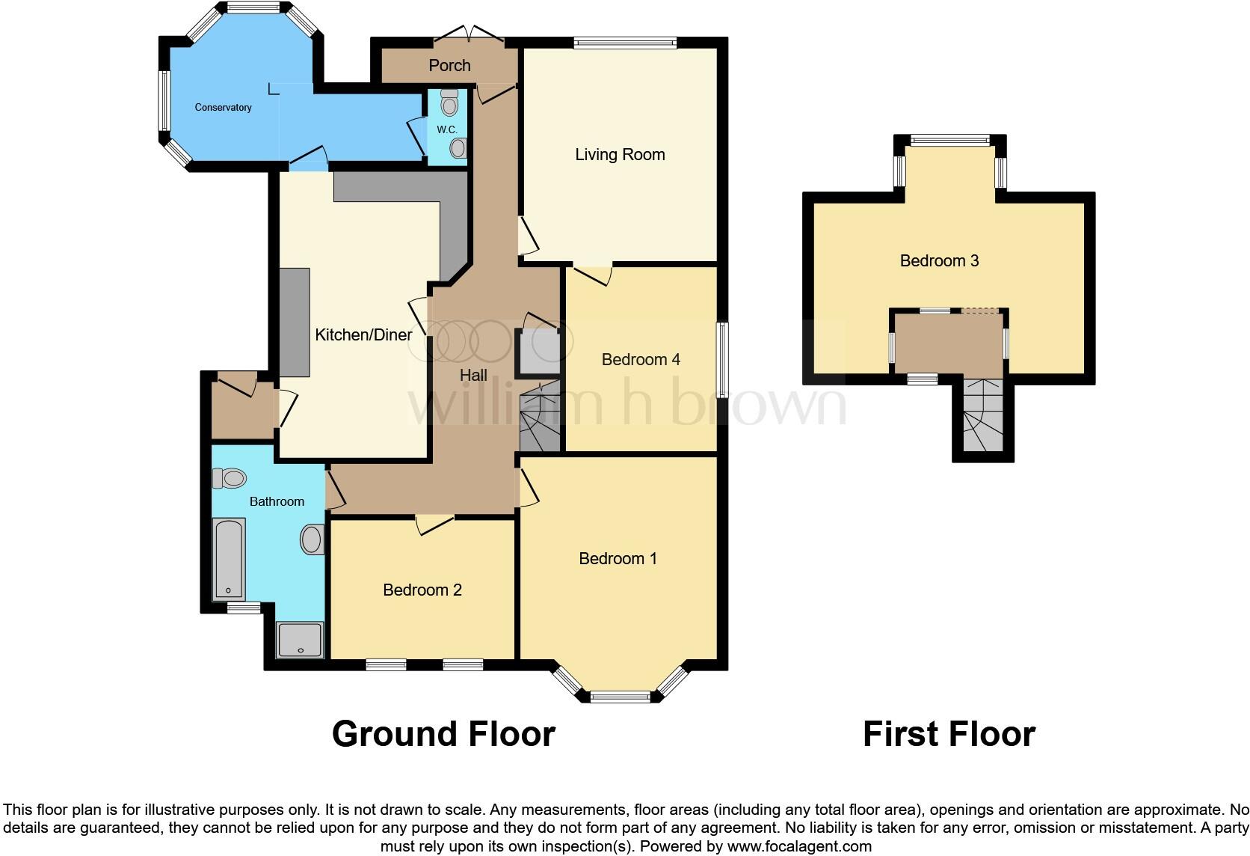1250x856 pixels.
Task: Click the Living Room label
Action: [620, 155]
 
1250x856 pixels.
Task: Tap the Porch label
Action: [449, 66]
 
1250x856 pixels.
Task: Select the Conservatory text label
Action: [223, 108]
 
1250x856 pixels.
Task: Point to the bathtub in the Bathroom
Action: [229, 560]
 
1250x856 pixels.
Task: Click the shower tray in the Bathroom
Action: [301, 641]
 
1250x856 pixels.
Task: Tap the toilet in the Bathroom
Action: [230, 477]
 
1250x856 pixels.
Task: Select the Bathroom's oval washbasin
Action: [312, 539]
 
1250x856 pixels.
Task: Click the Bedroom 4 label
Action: [641, 360]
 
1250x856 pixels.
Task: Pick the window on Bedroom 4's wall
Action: [723, 360]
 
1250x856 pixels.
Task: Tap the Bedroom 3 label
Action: [939, 261]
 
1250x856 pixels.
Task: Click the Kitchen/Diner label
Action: [363, 335]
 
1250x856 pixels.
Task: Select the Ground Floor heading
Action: [443, 734]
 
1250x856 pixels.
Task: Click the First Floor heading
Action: [949, 734]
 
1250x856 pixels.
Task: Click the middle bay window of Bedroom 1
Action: [621, 697]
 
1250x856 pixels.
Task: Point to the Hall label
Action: [473, 376]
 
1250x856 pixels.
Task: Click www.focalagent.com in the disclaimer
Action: [798, 847]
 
